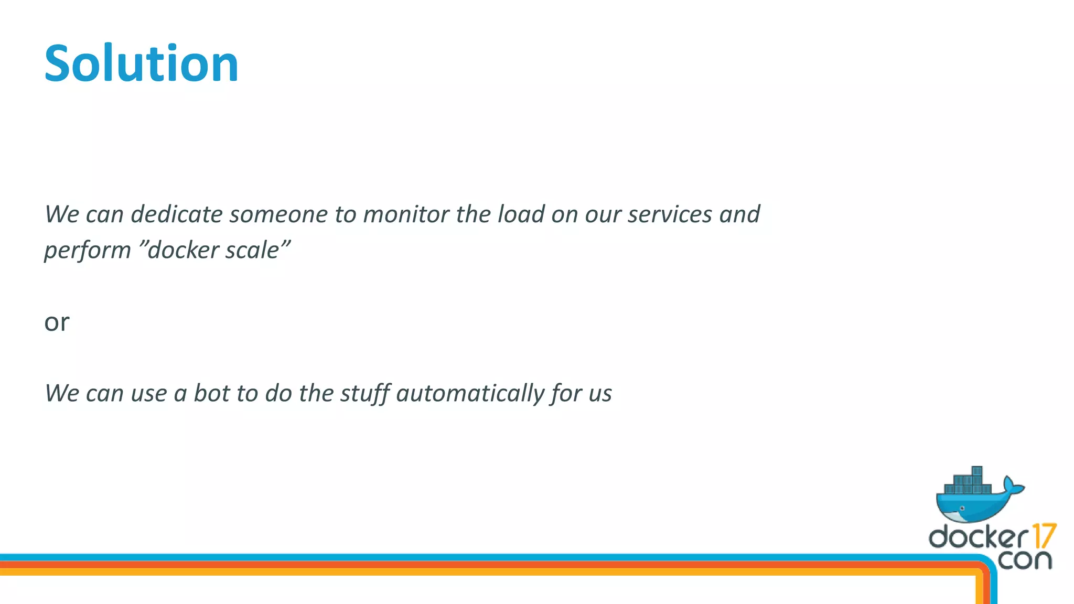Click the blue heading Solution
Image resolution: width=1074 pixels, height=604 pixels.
(x=142, y=64)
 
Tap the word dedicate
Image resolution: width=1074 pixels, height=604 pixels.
(x=177, y=214)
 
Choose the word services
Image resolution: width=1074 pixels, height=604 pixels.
(x=670, y=214)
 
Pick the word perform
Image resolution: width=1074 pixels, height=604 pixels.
(x=87, y=251)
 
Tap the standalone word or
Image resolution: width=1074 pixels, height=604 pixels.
(x=57, y=322)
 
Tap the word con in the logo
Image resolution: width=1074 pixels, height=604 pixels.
(x=1025, y=560)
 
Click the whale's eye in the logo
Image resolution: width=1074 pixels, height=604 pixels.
(x=962, y=509)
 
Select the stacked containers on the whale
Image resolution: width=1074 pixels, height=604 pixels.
(x=968, y=481)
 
